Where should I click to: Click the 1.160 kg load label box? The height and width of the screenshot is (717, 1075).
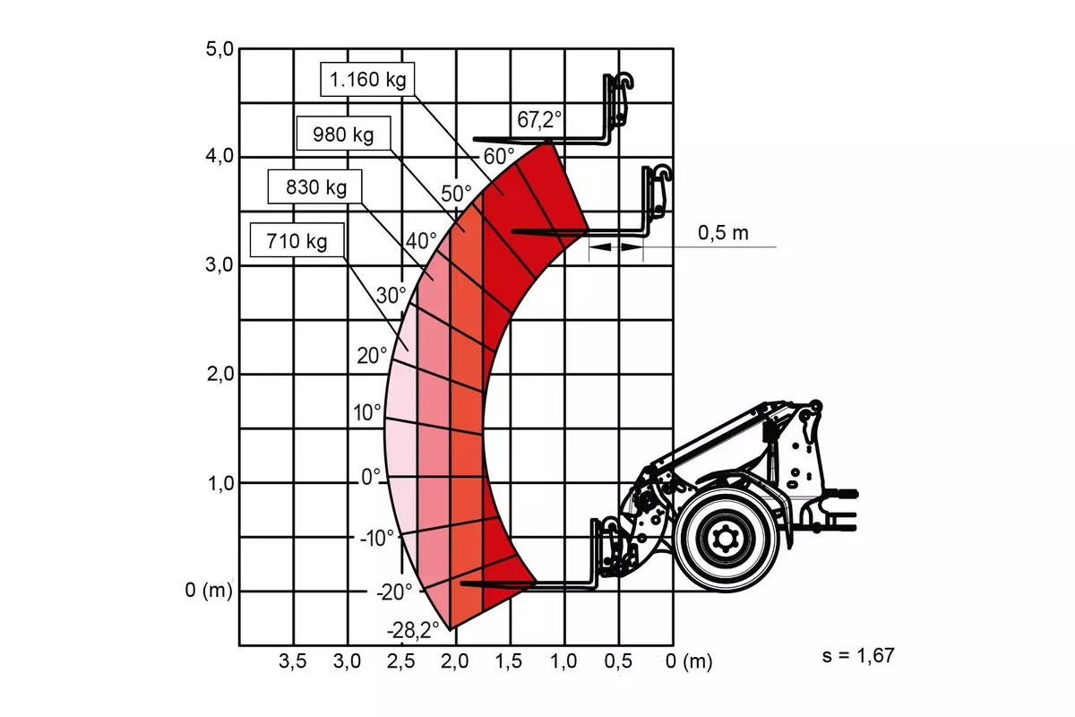coord(367,79)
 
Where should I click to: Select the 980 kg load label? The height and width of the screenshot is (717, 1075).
coord(344,134)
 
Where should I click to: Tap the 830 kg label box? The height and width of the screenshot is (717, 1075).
coord(314,186)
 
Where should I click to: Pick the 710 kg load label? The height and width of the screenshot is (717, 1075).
coord(297,240)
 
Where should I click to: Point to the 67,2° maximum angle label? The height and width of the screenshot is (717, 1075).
coord(539,119)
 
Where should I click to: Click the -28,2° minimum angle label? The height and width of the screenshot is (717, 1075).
coord(413,630)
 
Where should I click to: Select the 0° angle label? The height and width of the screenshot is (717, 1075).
coord(371,477)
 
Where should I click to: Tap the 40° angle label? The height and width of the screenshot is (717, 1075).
coord(421,240)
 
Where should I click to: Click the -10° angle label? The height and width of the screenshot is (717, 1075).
coord(377,539)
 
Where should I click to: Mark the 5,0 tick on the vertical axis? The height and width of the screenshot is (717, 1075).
coord(219,49)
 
